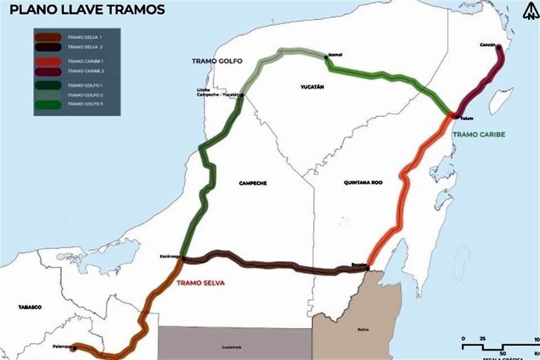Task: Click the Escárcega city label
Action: [x=169, y=256]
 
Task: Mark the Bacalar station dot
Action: [x=367, y=268]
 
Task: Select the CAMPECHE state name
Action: [x=253, y=183]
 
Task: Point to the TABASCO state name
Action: [x=30, y=307]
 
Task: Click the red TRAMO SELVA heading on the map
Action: [x=200, y=283]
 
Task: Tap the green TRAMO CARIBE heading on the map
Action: [x=479, y=134]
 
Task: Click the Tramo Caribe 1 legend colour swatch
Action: [x=48, y=61]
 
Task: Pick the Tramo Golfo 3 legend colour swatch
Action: [x=48, y=104]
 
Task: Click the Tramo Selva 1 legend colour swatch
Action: [x=48, y=37]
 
